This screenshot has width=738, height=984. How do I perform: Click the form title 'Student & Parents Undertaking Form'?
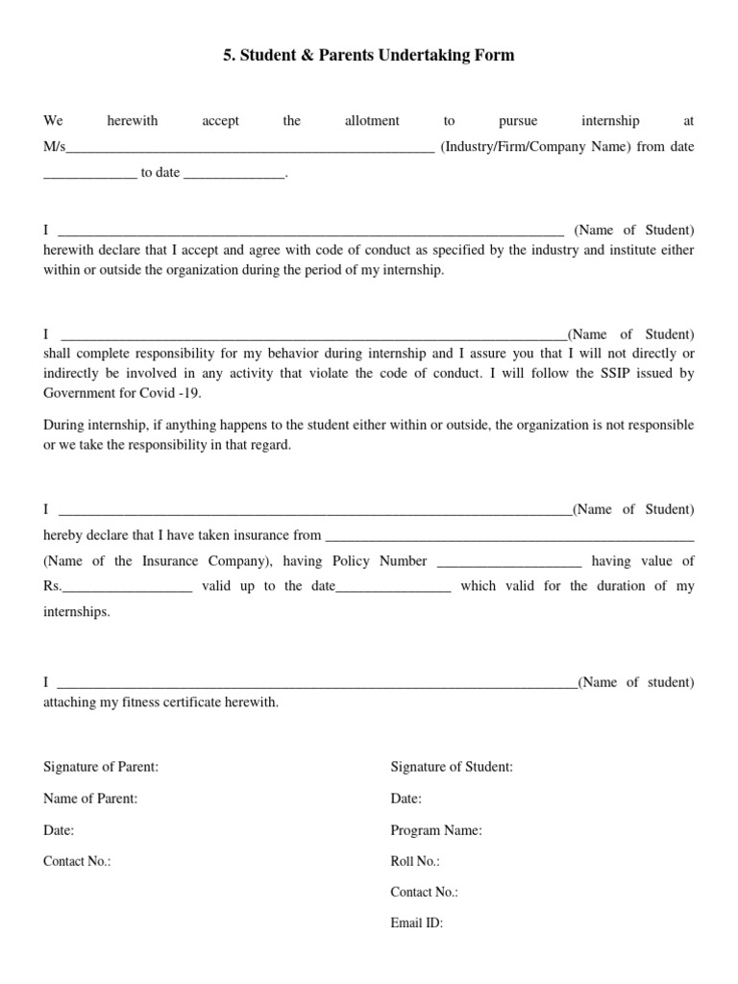(x=369, y=56)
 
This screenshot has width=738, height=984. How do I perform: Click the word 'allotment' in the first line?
(x=372, y=121)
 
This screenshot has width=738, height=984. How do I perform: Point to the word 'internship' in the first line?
(x=610, y=121)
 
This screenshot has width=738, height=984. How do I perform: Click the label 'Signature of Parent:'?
(x=101, y=767)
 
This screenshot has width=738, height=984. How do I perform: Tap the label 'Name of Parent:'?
(x=90, y=799)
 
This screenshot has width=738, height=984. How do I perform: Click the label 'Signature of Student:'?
(x=452, y=767)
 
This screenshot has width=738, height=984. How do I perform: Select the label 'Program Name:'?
(x=436, y=830)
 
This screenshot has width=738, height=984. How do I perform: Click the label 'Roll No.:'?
(x=415, y=862)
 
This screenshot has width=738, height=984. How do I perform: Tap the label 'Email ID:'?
(x=417, y=923)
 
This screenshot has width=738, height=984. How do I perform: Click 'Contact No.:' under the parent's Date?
(x=77, y=862)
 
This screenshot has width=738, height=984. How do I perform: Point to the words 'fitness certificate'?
(x=174, y=702)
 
